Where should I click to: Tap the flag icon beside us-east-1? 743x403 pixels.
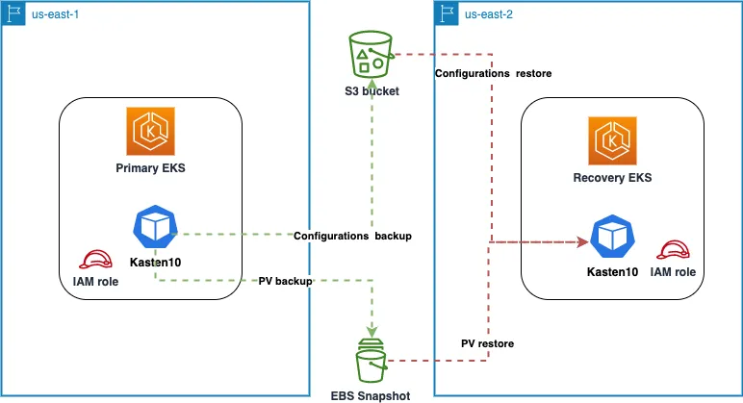[13, 13]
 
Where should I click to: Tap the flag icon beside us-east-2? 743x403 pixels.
[448, 13]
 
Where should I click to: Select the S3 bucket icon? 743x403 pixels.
[371, 55]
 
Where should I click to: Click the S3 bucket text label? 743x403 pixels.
[371, 91]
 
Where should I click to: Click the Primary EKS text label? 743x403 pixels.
[150, 168]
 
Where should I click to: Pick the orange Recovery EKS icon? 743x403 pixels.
[612, 140]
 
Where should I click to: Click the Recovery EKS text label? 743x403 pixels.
[612, 178]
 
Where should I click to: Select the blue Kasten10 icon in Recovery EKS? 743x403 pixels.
[611, 239]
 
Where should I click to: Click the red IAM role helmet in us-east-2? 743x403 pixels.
[672, 250]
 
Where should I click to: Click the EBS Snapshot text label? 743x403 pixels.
[371, 394]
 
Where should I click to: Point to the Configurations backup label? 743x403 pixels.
[353, 236]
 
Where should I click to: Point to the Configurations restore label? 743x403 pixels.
[493, 73]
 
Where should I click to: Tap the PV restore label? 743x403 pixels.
[487, 343]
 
